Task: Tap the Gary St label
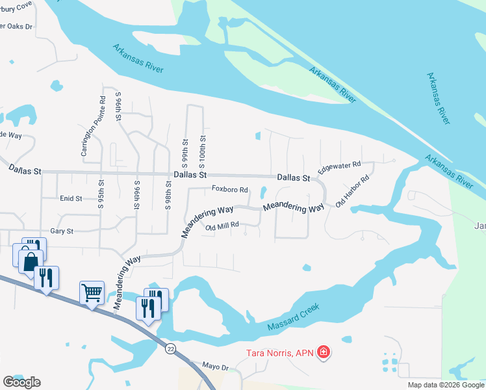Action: click(62, 231)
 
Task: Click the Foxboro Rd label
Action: click(230, 190)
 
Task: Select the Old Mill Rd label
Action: click(222, 226)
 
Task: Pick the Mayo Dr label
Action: click(216, 367)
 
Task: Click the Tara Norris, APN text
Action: click(279, 353)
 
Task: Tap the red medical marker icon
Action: click(324, 353)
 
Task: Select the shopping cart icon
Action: click(92, 292)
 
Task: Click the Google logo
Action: click(21, 382)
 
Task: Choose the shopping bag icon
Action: click(31, 263)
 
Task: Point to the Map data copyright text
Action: click(445, 385)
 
